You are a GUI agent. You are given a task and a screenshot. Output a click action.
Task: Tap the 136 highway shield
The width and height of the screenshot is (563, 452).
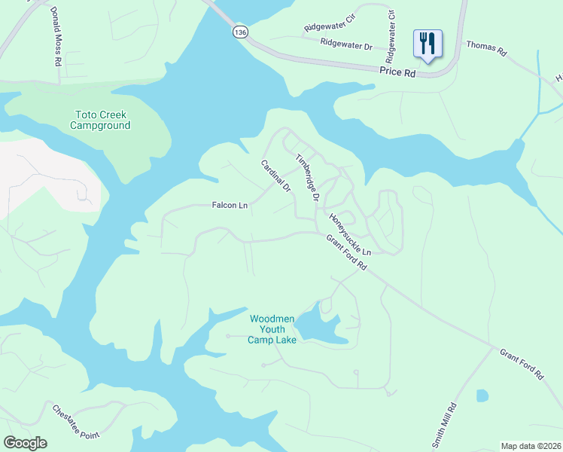point(239,32)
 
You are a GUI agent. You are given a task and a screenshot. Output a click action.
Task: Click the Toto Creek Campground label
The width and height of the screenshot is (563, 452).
point(101,120)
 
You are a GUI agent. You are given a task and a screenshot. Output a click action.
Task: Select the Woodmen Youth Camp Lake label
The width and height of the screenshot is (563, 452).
point(272,329)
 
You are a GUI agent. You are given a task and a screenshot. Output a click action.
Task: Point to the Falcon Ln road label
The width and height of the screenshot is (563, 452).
point(230,205)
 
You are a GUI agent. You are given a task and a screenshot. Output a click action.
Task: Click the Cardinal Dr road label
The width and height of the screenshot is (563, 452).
point(275,176)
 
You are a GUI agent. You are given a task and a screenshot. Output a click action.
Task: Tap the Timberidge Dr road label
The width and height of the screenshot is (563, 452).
point(308,178)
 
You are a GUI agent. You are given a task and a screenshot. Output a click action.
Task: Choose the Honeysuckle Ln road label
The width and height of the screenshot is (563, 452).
point(349,234)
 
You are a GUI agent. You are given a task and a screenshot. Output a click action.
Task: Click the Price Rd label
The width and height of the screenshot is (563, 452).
point(398,72)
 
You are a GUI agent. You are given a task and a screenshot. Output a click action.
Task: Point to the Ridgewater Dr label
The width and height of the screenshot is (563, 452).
point(346,46)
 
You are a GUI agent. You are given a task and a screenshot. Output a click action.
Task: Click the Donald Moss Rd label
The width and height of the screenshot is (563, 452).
point(55,36)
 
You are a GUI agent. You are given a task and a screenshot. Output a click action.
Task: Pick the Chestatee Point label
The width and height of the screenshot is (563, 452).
point(76,423)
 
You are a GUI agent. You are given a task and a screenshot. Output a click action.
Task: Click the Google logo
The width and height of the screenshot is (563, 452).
point(25,443)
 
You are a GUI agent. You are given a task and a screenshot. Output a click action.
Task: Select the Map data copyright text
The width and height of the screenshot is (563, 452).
point(531,446)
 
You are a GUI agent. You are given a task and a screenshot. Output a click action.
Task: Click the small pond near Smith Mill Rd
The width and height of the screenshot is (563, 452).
point(482,395)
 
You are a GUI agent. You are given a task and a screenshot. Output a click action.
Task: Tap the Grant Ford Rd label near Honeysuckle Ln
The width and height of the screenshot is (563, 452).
point(346,253)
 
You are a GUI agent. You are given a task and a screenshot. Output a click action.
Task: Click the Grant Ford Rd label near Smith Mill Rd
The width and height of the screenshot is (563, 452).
point(521,363)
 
